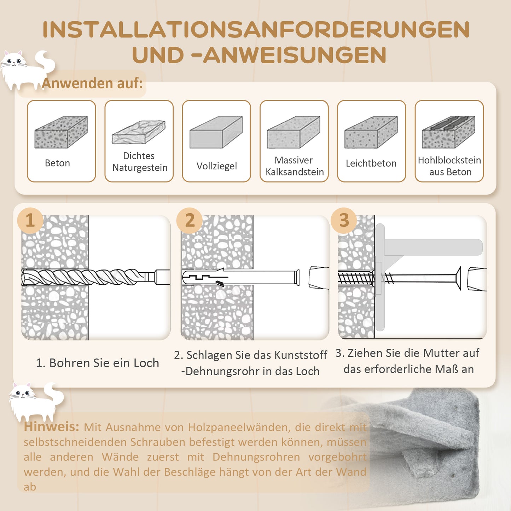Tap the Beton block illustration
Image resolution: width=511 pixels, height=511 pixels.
click(61, 132)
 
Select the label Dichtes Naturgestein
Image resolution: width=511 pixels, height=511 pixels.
click(139, 162)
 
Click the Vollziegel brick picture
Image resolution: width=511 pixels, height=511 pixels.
click(216, 132)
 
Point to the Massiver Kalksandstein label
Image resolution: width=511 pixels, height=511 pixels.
click(294, 166)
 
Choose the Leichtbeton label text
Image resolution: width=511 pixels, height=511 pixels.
click(371, 163)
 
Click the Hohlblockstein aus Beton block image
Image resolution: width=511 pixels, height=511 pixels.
click(448, 132)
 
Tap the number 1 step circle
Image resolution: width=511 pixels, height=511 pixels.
click(30, 220)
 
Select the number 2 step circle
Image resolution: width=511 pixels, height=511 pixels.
click(190, 220)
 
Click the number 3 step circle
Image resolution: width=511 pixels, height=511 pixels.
click(344, 220)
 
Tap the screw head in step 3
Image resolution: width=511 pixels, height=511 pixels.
click(458, 279)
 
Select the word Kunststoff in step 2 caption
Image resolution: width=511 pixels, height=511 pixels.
click(301, 355)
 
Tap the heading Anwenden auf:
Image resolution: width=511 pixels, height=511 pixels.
click(92, 83)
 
